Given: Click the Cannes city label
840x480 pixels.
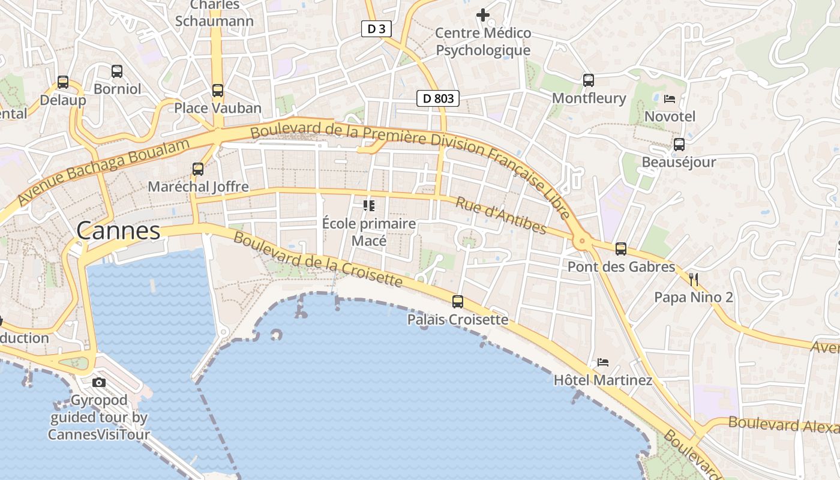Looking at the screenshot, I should (119, 230).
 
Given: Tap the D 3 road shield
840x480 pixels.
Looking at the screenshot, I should (376, 28).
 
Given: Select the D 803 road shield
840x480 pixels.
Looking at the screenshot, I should (438, 98).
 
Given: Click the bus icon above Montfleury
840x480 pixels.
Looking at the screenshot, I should (589, 80).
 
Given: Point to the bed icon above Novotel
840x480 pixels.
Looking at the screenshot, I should (670, 98).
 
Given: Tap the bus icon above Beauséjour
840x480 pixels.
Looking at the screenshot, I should (679, 145).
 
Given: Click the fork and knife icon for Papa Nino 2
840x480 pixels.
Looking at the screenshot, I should (694, 279).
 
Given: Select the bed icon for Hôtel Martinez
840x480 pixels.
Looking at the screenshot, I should (603, 362).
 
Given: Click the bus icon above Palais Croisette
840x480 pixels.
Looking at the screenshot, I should (458, 301).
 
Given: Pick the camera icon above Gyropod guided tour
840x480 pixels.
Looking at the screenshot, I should (99, 382).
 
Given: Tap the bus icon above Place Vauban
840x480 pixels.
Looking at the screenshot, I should (217, 91).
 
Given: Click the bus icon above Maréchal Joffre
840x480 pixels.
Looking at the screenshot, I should (198, 169).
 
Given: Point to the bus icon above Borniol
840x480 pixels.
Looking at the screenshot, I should (117, 71).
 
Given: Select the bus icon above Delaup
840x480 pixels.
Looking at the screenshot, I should (63, 82).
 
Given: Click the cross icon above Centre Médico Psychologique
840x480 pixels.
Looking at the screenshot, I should (483, 14).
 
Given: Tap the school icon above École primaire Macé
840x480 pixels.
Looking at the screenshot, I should (369, 206).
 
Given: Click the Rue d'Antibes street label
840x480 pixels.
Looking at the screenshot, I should (501, 215).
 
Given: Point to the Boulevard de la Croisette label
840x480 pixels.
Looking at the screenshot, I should (317, 259).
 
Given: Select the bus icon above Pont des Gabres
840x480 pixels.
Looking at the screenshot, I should (621, 248).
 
